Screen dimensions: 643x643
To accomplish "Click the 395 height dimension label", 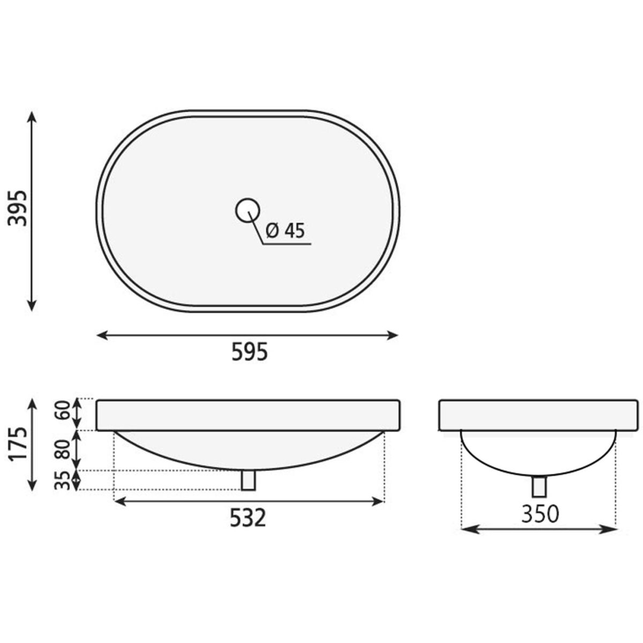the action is (17, 208).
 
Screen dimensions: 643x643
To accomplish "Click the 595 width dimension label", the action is (250, 352).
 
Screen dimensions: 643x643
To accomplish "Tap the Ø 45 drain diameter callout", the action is (285, 230).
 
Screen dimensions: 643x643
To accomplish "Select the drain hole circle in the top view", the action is (248, 210).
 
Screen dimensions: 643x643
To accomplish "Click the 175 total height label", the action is (17, 444).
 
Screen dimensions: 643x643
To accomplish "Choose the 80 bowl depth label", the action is (62, 449).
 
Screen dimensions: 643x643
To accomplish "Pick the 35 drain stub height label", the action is (62, 481).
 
